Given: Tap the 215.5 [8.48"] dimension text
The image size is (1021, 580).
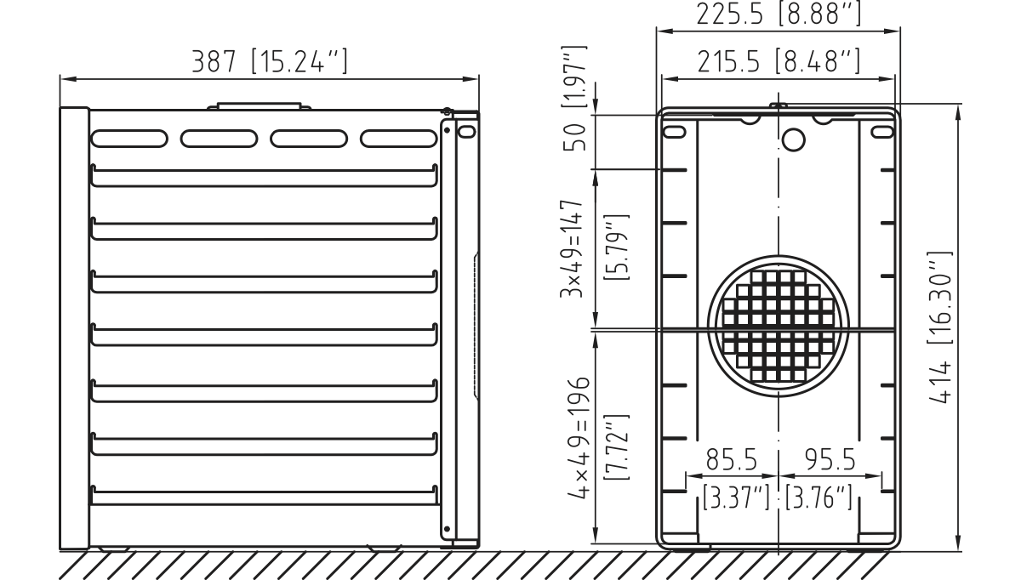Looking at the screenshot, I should [x=777, y=61].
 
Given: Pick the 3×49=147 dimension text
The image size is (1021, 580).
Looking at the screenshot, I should [x=577, y=248].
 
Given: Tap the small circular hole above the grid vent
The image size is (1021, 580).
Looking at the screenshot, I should [x=793, y=138].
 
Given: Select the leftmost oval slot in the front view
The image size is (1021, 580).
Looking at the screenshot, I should [x=128, y=138].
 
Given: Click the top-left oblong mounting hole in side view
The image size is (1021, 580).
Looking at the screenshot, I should [x=674, y=132].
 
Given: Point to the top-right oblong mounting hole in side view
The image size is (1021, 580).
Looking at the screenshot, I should [x=882, y=132].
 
